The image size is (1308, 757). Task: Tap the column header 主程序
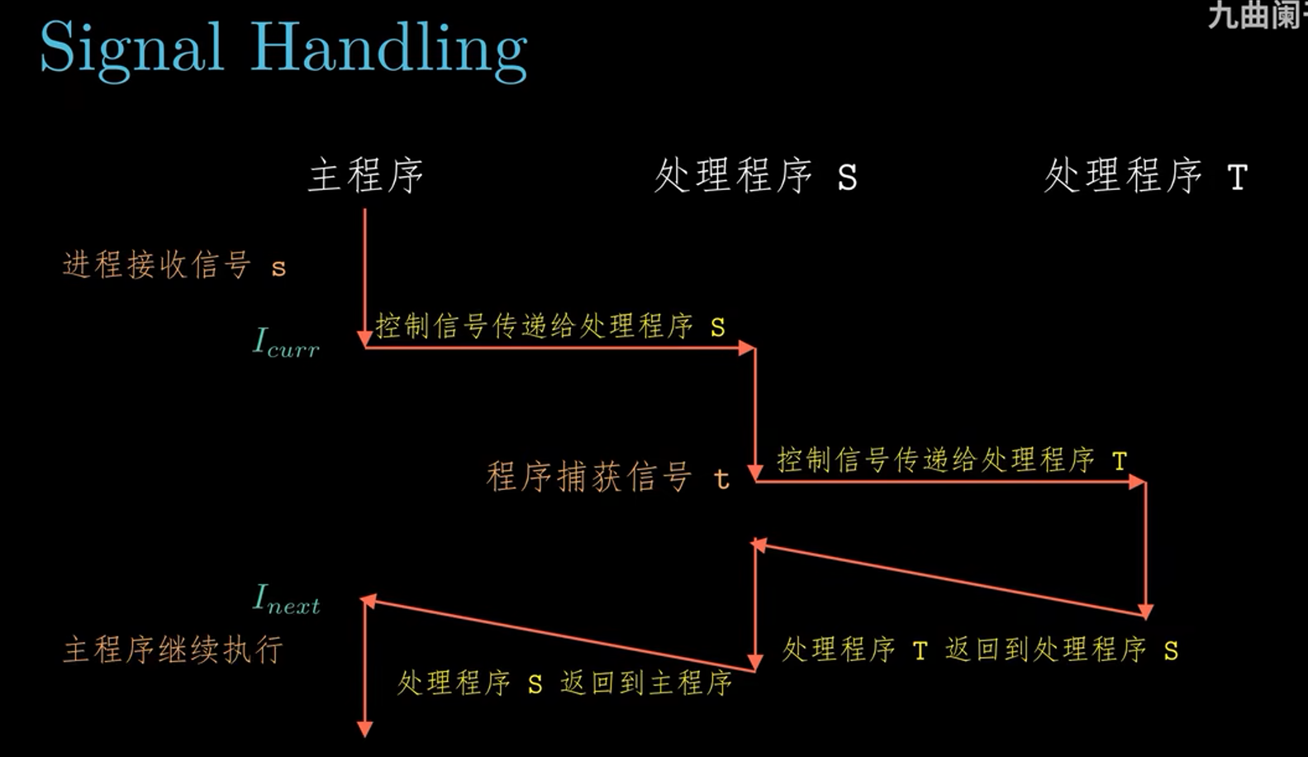[365, 176]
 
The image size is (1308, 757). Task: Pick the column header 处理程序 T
[1145, 176]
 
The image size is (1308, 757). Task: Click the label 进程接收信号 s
[174, 265]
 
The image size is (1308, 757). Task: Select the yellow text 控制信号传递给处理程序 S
[550, 326]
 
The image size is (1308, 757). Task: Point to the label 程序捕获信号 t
[608, 478]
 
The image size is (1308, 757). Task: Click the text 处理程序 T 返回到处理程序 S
[980, 650]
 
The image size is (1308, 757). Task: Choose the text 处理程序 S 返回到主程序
[565, 683]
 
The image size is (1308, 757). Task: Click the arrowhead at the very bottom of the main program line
[364, 729]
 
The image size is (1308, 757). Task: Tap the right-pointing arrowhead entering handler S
[747, 348]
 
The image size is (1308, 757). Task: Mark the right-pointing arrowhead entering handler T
[1138, 482]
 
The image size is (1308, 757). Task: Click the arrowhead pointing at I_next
[369, 602]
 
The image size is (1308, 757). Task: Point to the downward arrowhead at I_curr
[364, 339]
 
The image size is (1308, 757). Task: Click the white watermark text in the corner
[1256, 15]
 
